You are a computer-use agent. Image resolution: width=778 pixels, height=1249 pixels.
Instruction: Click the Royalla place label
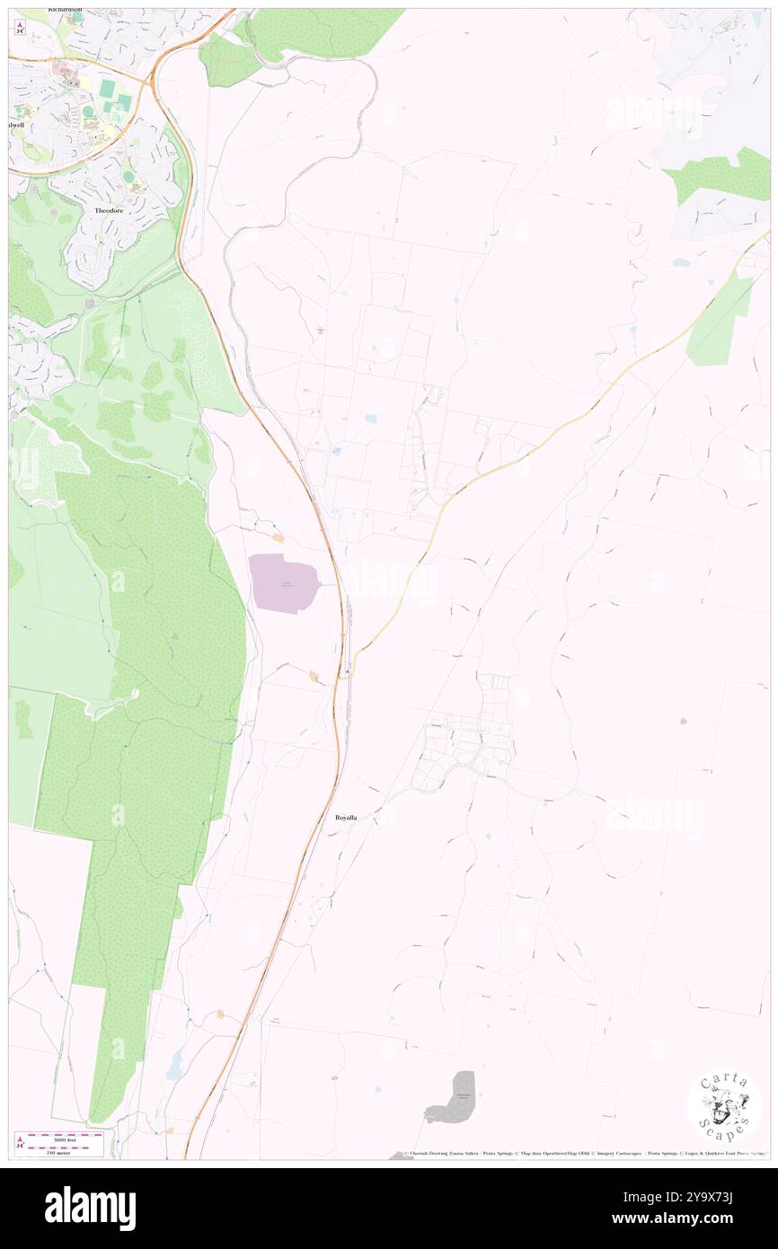[346, 818]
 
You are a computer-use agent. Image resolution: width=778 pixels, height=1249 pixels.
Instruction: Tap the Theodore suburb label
[113, 210]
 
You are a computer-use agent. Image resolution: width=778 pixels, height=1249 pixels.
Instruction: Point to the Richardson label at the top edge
[65, 10]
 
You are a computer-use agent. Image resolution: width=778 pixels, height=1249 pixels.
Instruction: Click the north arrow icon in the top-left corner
[20, 28]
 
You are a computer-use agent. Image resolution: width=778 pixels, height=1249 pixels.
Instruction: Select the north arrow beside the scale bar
[20, 1143]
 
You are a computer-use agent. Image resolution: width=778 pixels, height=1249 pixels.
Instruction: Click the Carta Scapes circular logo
[724, 1106]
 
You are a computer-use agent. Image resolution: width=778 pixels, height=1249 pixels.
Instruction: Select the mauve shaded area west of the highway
[282, 582]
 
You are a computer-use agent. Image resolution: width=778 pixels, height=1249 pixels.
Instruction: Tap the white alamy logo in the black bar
[90, 1209]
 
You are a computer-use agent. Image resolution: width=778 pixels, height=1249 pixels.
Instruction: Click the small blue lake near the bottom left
[175, 1064]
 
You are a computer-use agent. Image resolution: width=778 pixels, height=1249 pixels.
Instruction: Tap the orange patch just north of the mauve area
[278, 537]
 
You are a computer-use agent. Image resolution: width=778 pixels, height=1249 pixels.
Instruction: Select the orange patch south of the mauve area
[314, 676]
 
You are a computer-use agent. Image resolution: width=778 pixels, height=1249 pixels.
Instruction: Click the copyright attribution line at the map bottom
[584, 1153]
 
